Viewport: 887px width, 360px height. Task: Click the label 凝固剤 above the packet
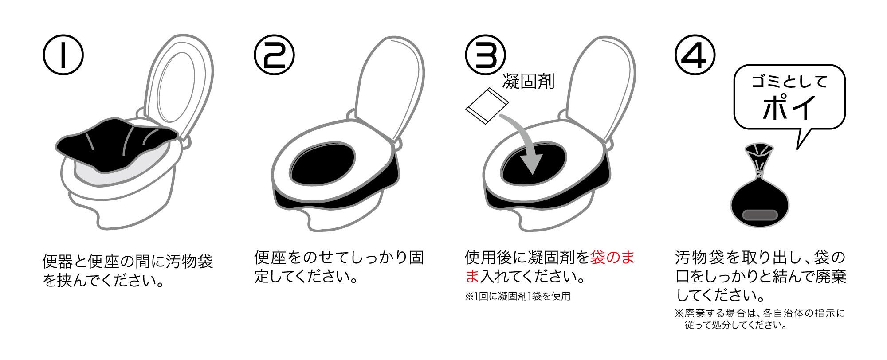[x=529, y=82]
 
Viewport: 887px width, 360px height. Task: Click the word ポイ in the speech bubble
[x=789, y=106]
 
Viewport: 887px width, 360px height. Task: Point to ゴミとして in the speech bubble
[x=790, y=82]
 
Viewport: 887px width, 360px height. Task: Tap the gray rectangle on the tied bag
[x=760, y=215]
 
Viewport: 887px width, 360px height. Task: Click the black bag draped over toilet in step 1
[x=118, y=142]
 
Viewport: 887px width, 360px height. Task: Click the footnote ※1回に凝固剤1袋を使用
[x=518, y=296]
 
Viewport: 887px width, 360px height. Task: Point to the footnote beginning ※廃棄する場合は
[x=759, y=319]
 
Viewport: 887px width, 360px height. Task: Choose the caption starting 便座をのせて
[x=339, y=267]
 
